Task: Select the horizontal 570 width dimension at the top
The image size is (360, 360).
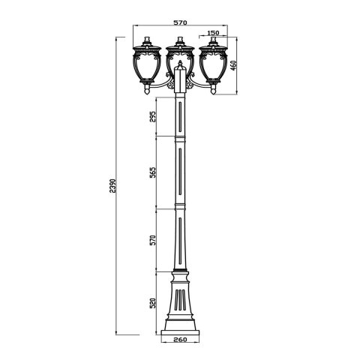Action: click(179, 22)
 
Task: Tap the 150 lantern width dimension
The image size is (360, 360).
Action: click(213, 34)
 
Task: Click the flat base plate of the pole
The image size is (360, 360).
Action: click(179, 332)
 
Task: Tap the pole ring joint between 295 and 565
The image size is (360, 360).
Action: click(179, 137)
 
